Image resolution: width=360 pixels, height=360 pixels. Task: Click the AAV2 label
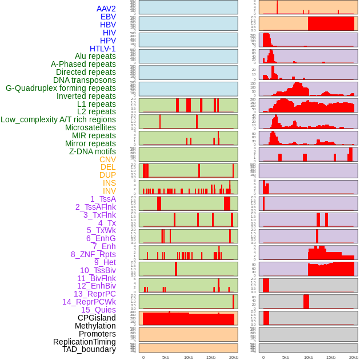pyautogui.click(x=106, y=9)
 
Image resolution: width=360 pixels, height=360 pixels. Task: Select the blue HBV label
pyautogui.click(x=108, y=25)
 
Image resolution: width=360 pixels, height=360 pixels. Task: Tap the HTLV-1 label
pyautogui.click(x=103, y=49)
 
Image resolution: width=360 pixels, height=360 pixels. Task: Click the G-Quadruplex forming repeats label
pyautogui.click(x=61, y=88)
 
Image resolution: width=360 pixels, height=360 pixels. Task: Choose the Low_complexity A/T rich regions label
pyautogui.click(x=58, y=119)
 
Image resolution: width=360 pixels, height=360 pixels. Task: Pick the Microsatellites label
pyautogui.click(x=90, y=127)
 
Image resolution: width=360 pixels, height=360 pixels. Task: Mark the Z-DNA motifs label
pyautogui.click(x=93, y=151)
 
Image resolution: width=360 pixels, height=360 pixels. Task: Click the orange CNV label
pyautogui.click(x=107, y=159)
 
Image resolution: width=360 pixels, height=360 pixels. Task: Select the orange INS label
pyautogui.click(x=109, y=183)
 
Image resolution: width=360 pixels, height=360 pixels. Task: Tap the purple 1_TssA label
pyautogui.click(x=103, y=199)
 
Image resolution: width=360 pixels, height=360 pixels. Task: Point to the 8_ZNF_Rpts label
pyautogui.click(x=93, y=254)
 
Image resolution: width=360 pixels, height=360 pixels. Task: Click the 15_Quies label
pyautogui.click(x=98, y=310)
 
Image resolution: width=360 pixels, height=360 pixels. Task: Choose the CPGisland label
pyautogui.click(x=97, y=318)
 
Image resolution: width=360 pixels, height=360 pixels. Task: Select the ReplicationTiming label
pyautogui.click(x=84, y=342)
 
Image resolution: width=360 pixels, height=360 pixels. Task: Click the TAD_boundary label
pyautogui.click(x=89, y=349)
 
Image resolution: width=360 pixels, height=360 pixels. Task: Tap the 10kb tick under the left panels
pyautogui.click(x=189, y=357)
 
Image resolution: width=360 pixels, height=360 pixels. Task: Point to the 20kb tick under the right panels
pyautogui.click(x=354, y=357)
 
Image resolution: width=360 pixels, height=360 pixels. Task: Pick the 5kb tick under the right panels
pyautogui.click(x=286, y=357)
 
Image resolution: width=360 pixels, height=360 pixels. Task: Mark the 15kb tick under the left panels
pyautogui.click(x=211, y=357)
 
